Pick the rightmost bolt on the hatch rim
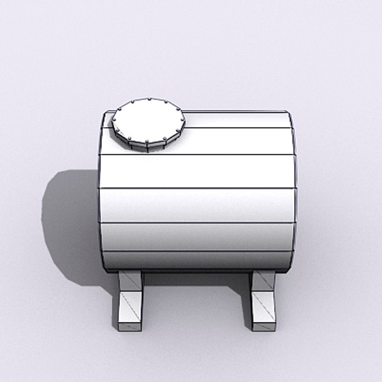[182, 117]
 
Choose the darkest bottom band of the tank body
[197, 261]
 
